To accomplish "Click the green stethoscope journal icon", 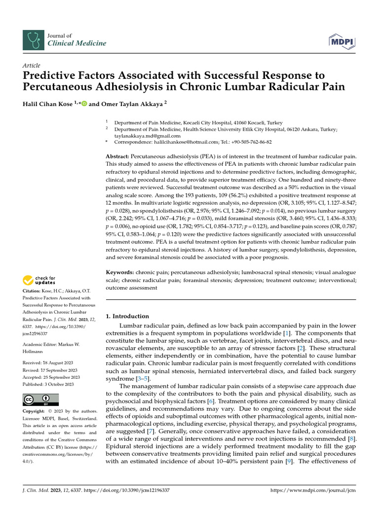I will pos(33,39).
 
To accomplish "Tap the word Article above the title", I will pos(32,66).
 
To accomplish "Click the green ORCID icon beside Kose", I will pos(84,104).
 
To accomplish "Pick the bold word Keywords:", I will pos(120,272).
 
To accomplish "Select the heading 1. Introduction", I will pos(127,316).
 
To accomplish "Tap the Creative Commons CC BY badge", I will pos(40,399).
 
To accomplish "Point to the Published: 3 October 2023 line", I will pos(48,384).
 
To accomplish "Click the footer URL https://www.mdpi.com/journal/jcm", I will pos(313,491).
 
